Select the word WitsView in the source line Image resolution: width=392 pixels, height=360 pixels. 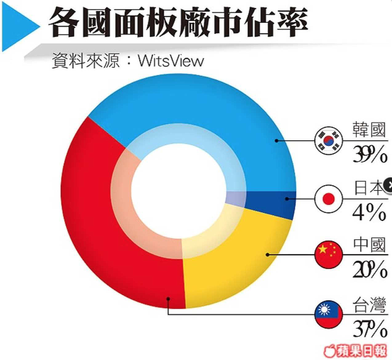click(170, 62)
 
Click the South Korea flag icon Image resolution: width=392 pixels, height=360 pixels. click(328, 140)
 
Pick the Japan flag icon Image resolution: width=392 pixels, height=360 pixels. click(328, 198)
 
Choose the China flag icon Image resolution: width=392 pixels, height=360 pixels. click(328, 254)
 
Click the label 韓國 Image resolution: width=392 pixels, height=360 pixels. click(369, 131)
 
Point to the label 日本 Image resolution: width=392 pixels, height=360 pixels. click(369, 188)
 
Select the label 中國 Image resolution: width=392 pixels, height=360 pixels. click(369, 245)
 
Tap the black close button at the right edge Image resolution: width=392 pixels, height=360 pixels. click(388, 183)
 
